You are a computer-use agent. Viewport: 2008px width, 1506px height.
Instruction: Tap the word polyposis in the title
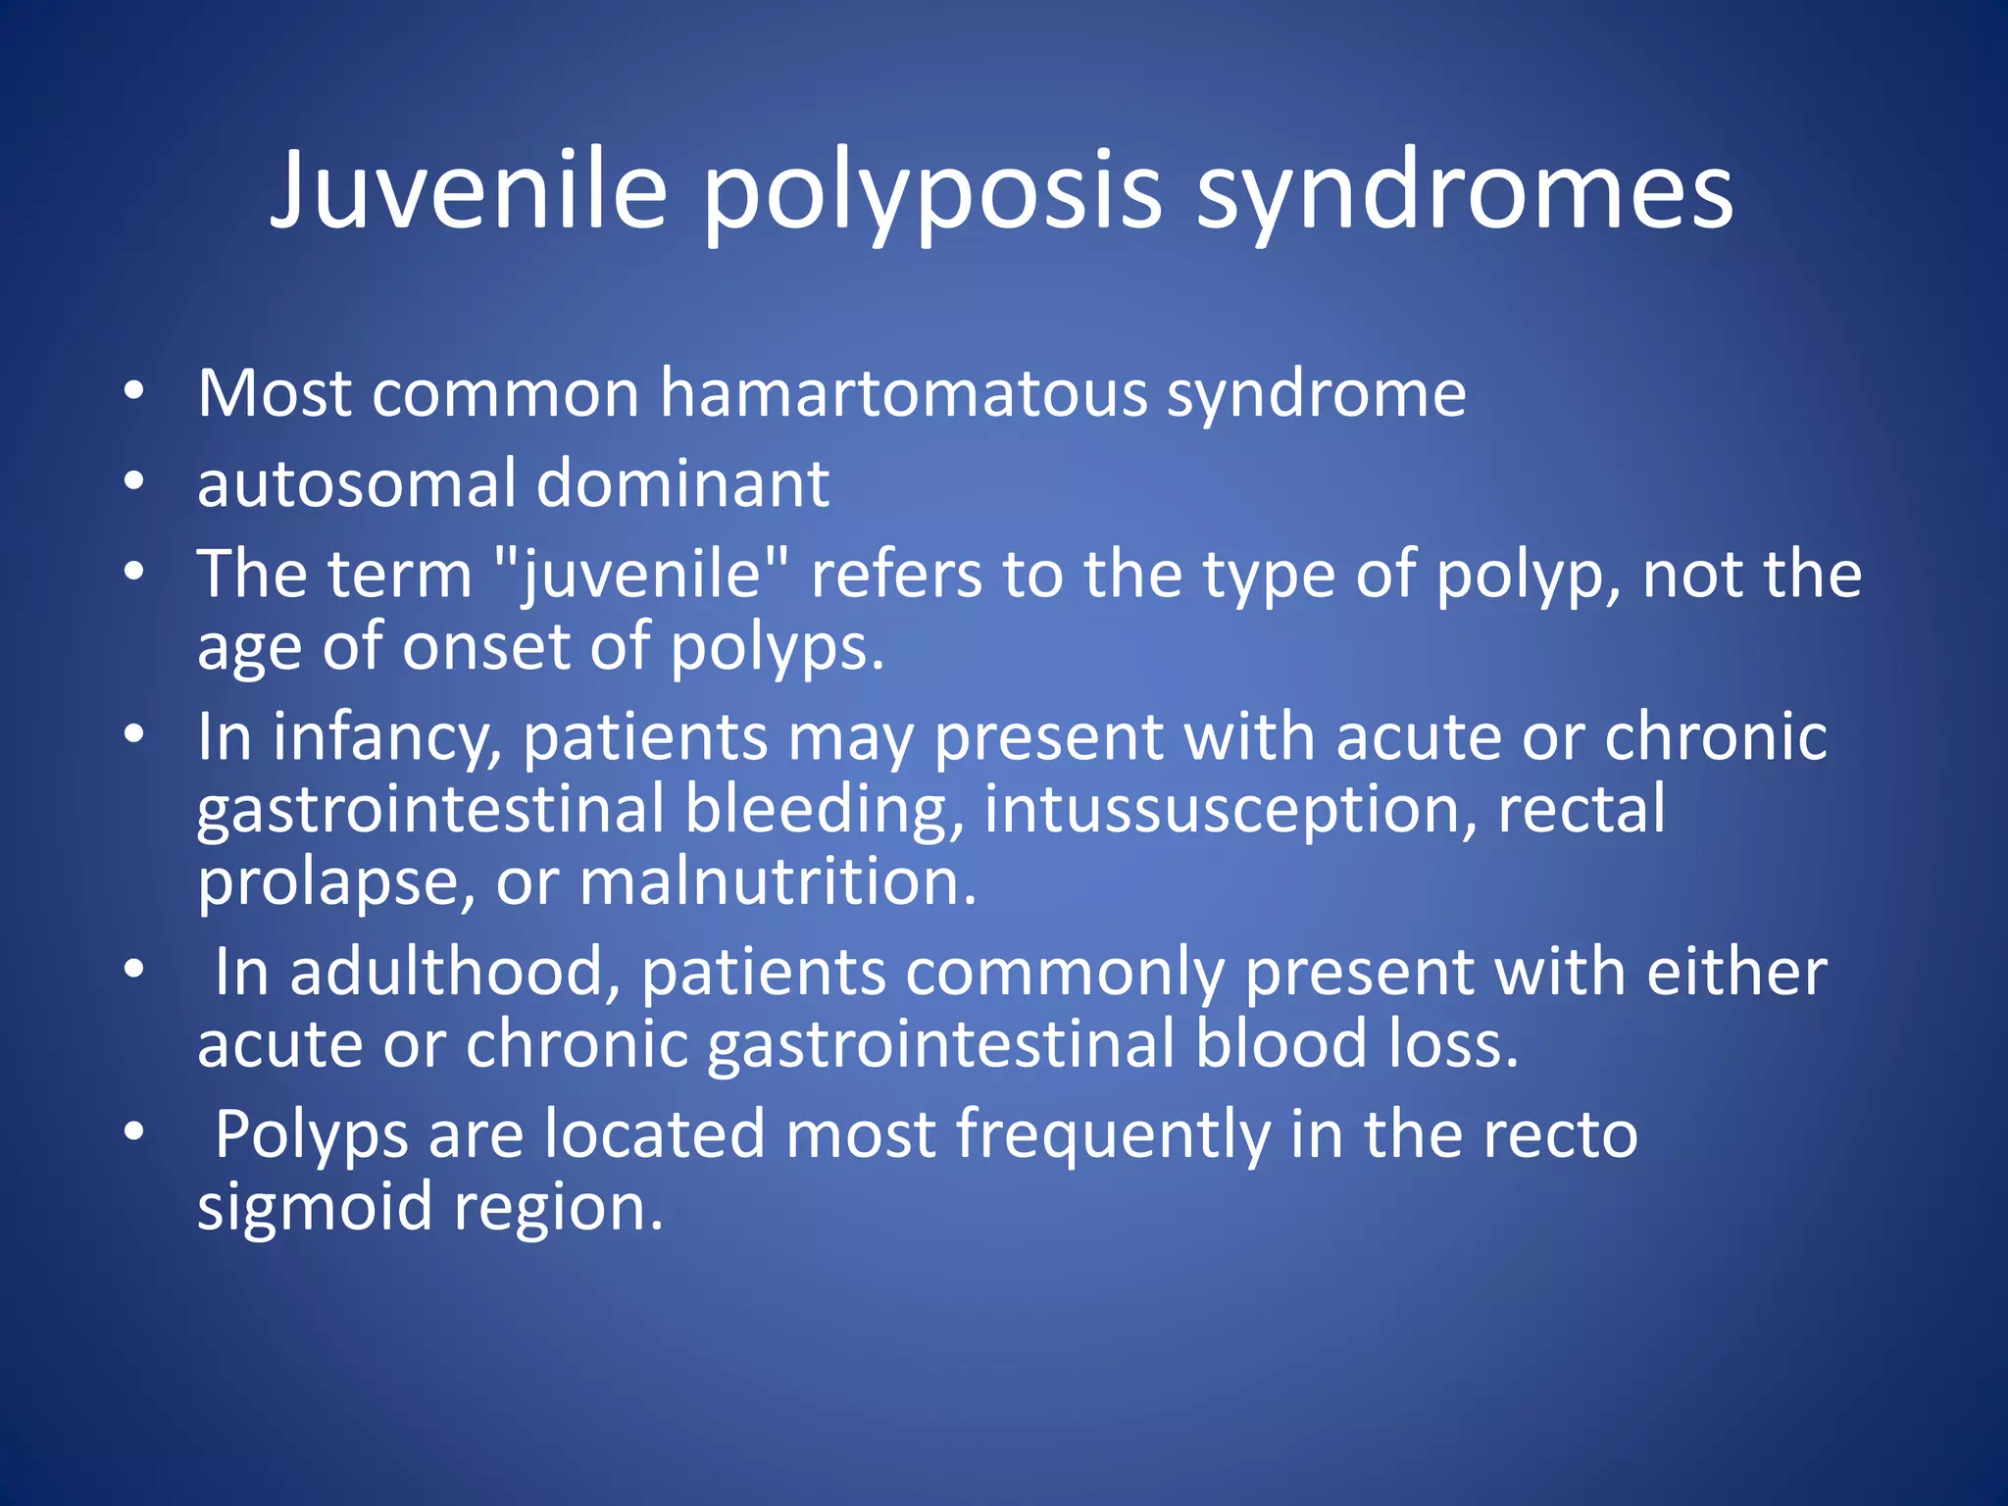pos(931,191)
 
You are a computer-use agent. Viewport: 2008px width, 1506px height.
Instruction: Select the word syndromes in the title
pos(1465,191)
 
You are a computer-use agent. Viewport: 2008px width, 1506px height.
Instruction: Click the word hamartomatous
pos(903,393)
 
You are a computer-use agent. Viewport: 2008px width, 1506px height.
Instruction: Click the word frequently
pos(1113,1134)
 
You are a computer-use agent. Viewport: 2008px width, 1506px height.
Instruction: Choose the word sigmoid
pos(315,1207)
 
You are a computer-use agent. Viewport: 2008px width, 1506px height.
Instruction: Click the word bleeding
pos(825,809)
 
